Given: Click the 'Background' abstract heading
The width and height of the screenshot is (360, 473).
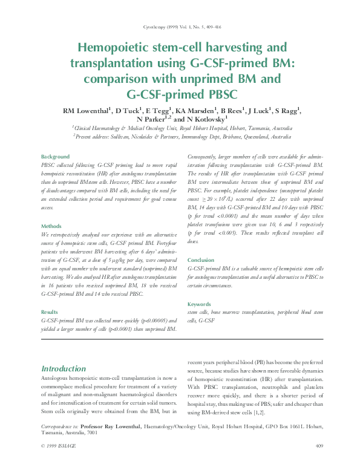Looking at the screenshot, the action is (55, 156).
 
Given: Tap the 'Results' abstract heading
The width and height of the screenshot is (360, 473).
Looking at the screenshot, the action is (50, 312).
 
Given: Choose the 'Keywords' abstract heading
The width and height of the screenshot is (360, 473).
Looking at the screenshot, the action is (200, 304).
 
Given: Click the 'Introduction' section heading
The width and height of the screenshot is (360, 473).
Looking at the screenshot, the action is (64, 368).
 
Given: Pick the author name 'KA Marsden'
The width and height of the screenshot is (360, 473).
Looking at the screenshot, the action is (197, 111).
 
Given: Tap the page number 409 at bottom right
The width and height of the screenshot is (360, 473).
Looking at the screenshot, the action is (320, 463).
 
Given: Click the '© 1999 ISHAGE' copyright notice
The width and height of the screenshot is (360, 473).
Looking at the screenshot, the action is (61, 463).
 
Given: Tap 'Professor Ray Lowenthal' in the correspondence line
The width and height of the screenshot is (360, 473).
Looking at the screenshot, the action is (112, 427).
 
